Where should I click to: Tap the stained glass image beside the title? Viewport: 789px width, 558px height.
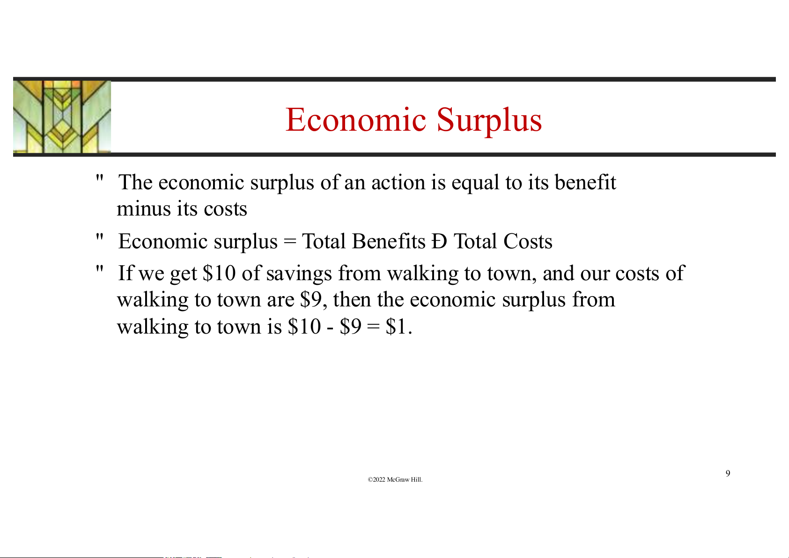[62, 117]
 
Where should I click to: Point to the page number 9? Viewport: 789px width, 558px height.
[728, 473]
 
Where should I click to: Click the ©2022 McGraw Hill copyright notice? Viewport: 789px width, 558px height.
[395, 479]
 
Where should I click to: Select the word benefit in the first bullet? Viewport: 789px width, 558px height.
[585, 182]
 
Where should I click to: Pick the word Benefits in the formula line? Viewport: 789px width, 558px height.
[389, 241]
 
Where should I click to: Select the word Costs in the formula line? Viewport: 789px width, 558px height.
[528, 241]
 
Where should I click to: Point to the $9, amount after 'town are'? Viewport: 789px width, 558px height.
[313, 300]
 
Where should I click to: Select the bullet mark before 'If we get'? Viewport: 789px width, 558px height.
[100, 269]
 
